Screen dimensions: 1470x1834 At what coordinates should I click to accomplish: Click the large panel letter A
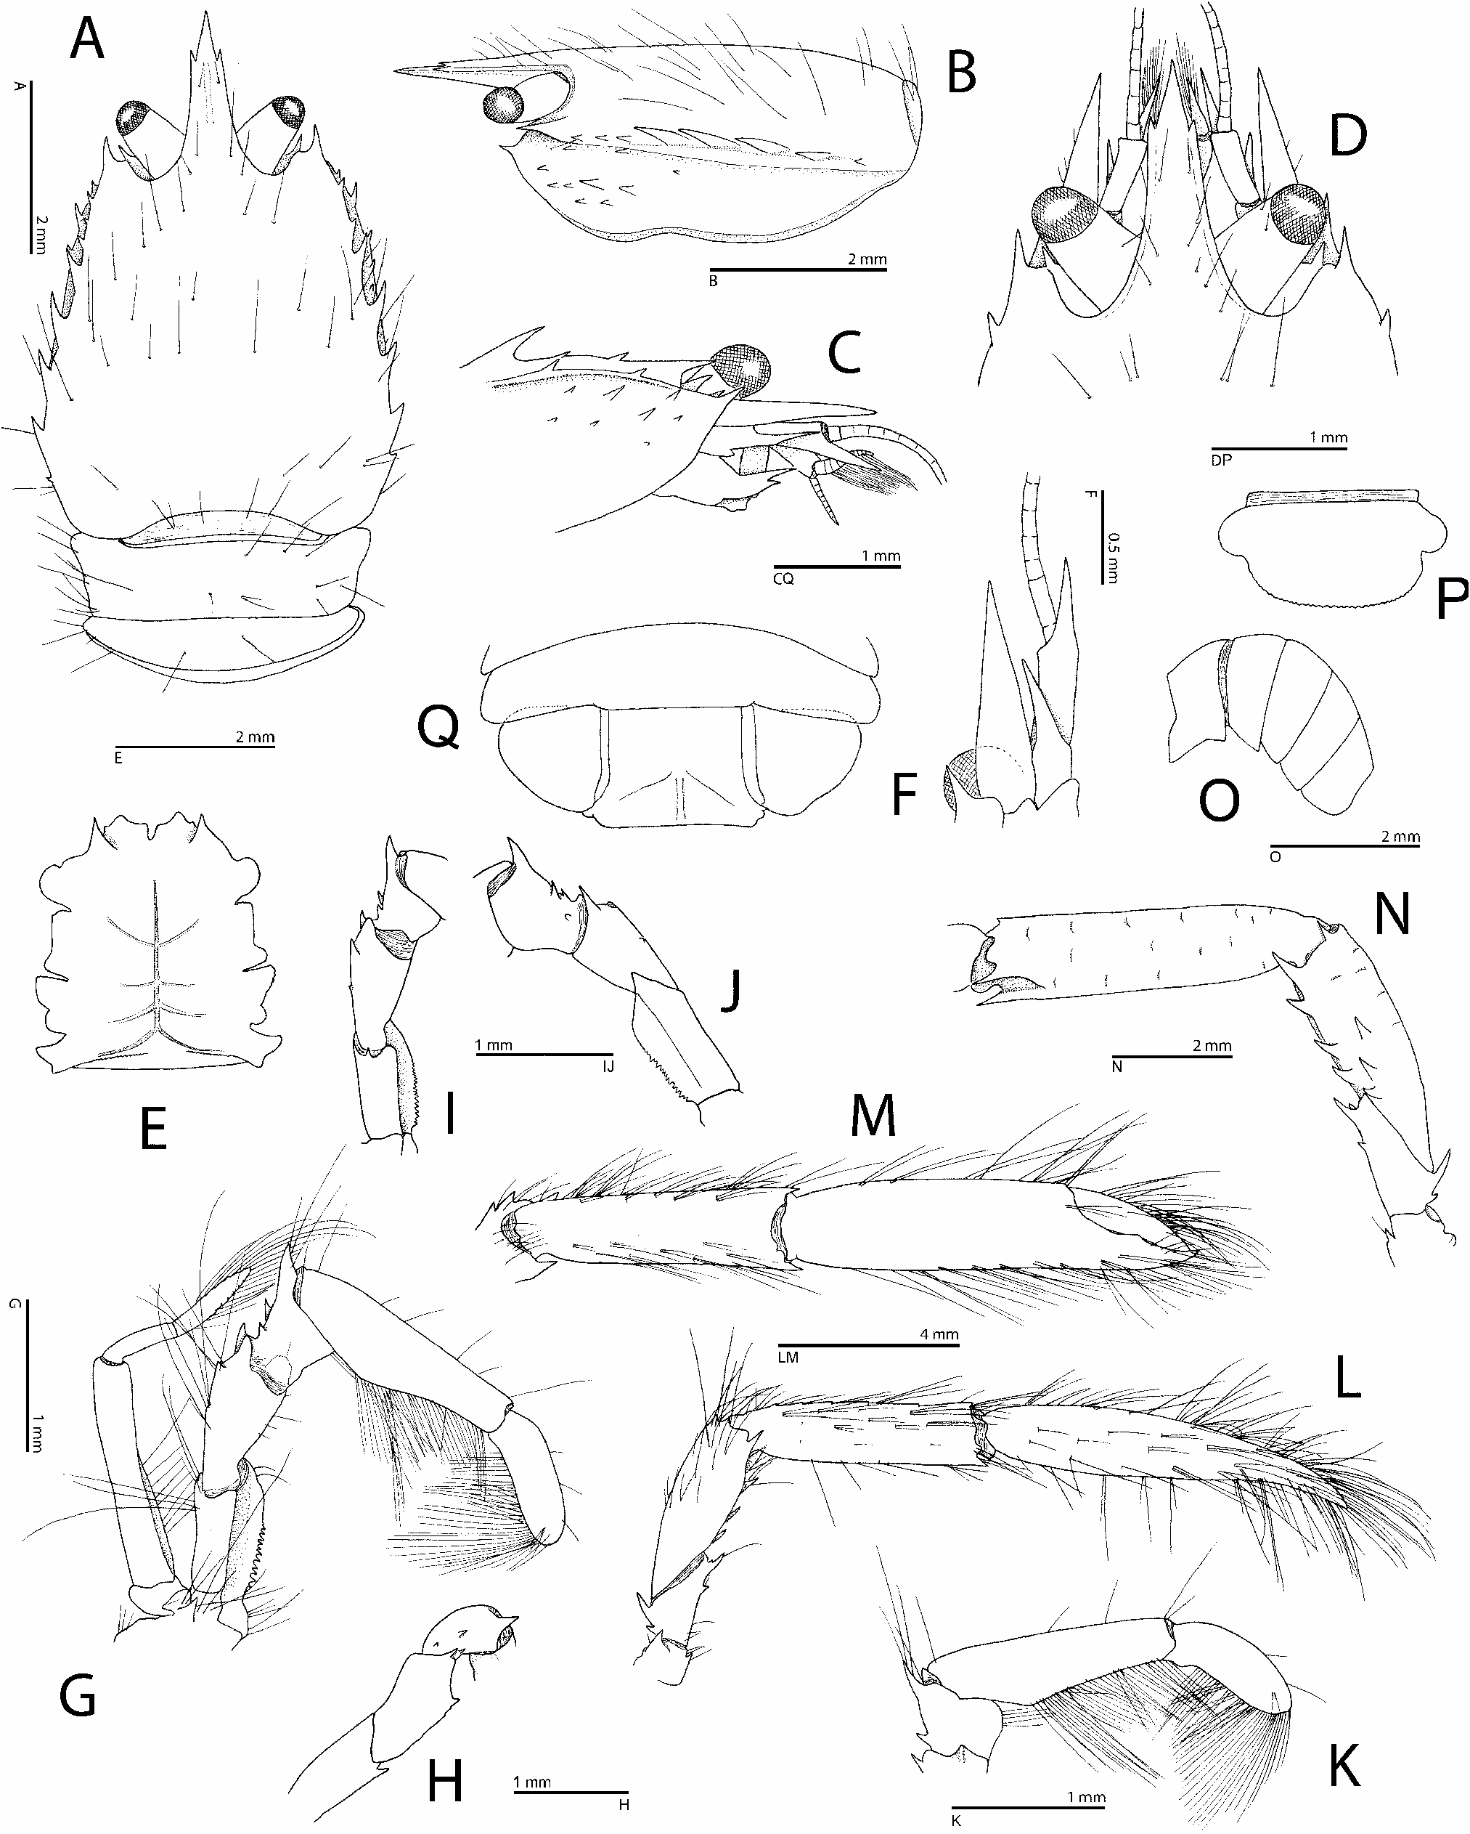click(88, 40)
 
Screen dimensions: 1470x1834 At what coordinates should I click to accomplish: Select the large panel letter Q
click(438, 729)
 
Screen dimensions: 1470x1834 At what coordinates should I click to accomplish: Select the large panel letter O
click(1218, 801)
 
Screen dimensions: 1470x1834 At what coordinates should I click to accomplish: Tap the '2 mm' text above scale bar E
click(255, 737)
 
